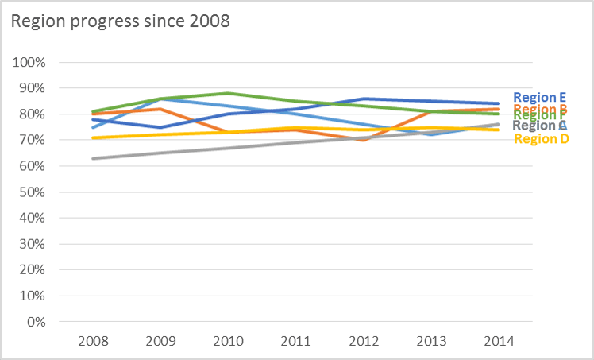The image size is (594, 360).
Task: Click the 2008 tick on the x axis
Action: coord(94,340)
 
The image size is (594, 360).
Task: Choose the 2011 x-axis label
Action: coord(296,340)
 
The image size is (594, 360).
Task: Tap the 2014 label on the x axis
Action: coord(498,340)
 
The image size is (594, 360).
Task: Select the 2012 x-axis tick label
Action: coord(364,340)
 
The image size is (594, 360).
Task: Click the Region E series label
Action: coord(540,98)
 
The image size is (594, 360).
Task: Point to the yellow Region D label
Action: coord(542,139)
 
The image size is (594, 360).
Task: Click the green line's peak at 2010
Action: coord(229,93)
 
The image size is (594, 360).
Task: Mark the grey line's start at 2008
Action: coord(94,158)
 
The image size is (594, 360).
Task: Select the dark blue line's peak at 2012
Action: coord(364,99)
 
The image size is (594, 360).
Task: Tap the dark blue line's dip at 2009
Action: coord(161,127)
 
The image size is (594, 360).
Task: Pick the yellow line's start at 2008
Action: coord(94,137)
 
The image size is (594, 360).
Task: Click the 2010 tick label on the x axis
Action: coord(229,340)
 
